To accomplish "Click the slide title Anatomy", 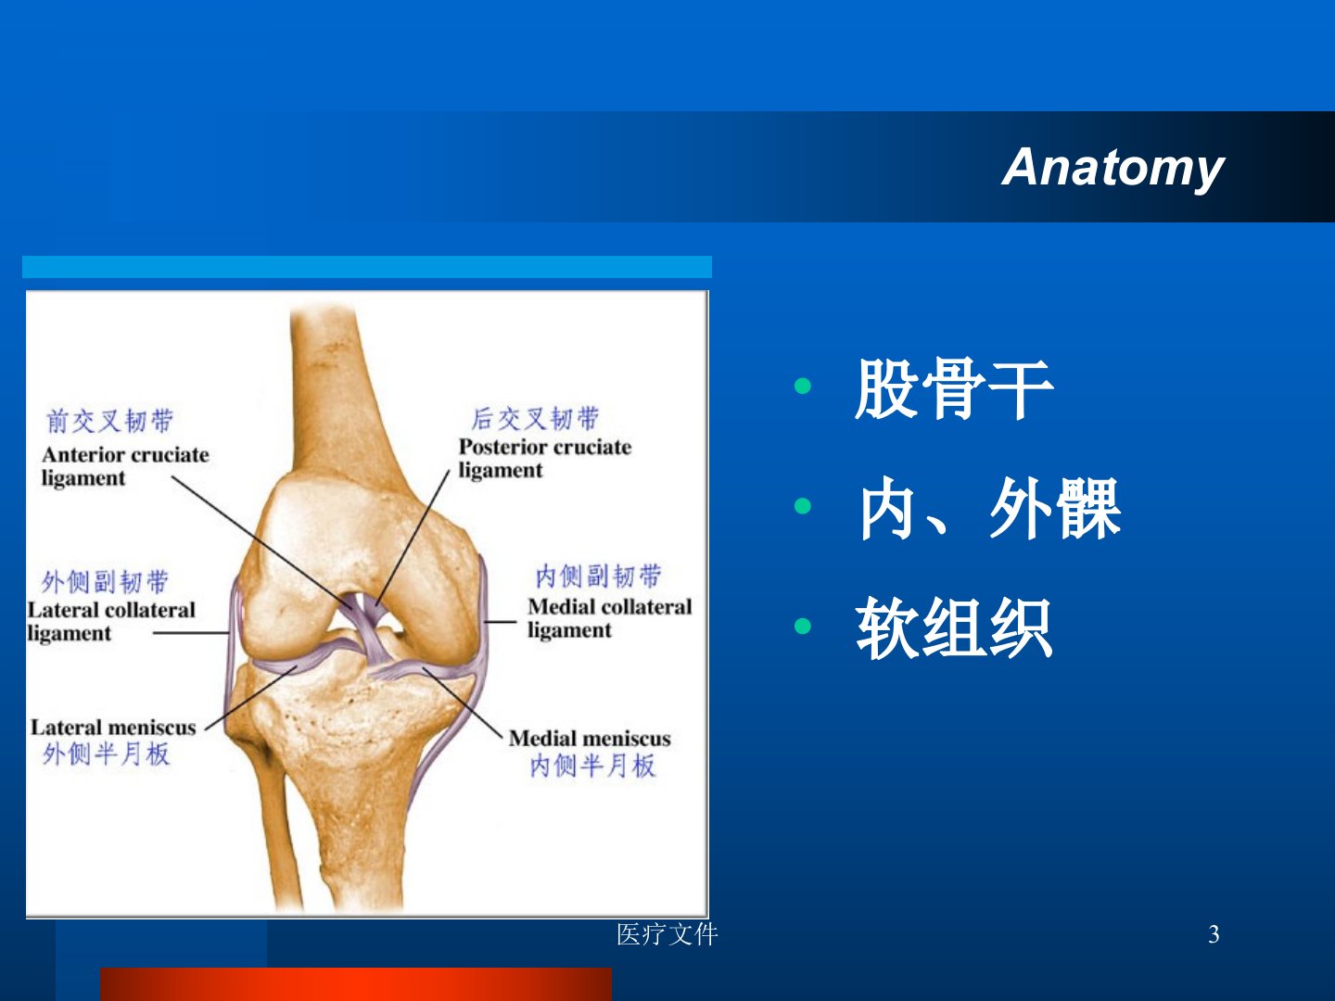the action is pos(1112,169).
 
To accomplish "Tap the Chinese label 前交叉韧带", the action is pos(110,421).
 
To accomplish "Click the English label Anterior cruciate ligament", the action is pos(125,466).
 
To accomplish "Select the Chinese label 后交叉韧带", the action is pos(535,419).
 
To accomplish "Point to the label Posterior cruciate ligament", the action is pos(545,458).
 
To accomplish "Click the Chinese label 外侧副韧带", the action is pos(105,582).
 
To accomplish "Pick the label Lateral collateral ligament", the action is pos(111,622).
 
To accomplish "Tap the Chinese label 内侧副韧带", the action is pos(599,577).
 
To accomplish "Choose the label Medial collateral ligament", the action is pos(610,618).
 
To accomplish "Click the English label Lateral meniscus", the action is pos(113,728).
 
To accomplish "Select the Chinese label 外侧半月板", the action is pos(107,754).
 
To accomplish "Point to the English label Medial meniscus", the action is pos(590,739).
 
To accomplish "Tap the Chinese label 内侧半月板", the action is pos(593,766).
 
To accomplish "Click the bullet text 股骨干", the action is pos(954,388).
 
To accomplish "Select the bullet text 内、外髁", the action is pos(989,508).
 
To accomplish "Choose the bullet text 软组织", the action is pos(954,627).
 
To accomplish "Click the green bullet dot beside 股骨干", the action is pos(803,386).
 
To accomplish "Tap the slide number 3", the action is pos(1214,934).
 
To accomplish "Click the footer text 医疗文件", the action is pos(667,934).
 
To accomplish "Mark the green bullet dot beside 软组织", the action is pos(803,626).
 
